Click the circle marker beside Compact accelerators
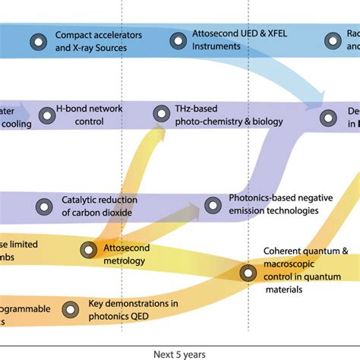36,42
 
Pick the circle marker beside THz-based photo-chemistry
161,114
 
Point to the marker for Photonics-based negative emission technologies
212,204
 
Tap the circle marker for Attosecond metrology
90,248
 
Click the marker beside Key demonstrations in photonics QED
70,309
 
